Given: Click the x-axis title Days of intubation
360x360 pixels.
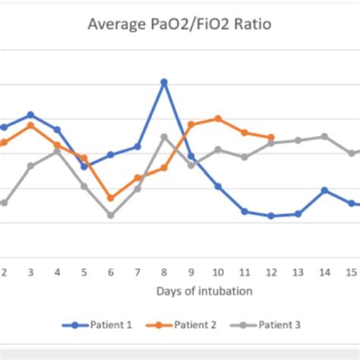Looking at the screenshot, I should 205,291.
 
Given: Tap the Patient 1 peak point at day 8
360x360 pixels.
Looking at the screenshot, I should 164,82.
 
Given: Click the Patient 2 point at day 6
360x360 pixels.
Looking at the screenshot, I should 111,198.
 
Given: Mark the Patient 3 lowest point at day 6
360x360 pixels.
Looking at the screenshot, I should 111,215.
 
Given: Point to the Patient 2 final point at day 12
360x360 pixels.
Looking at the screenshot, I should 271,137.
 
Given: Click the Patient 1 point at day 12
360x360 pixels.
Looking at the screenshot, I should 271,216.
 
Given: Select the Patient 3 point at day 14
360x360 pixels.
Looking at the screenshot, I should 324,137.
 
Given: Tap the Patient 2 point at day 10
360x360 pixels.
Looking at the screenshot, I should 218,118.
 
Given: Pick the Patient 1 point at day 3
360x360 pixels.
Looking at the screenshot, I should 30,115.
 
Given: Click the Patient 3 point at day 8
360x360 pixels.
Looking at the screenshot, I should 164,137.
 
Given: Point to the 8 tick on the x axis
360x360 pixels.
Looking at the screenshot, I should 164,271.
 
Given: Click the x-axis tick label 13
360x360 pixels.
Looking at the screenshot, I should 298,271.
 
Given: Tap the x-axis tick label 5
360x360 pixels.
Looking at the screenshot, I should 84,271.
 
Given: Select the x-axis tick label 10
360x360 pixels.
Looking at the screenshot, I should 218,271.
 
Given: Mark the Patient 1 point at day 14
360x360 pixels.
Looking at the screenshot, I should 324,191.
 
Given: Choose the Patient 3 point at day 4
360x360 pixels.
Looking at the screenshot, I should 57,152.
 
